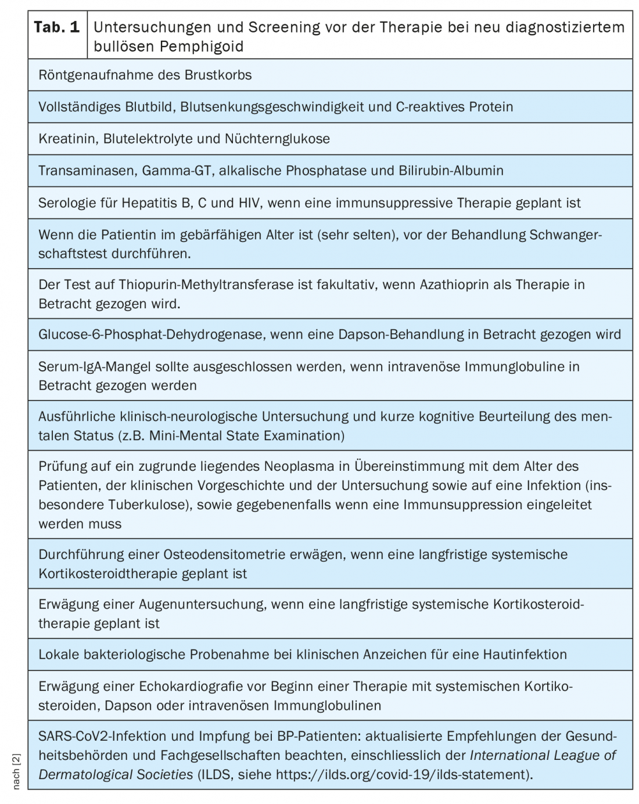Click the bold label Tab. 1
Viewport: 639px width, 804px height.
57,27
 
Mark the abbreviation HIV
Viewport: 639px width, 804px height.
248,203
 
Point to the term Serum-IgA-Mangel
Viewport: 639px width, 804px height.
90,367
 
